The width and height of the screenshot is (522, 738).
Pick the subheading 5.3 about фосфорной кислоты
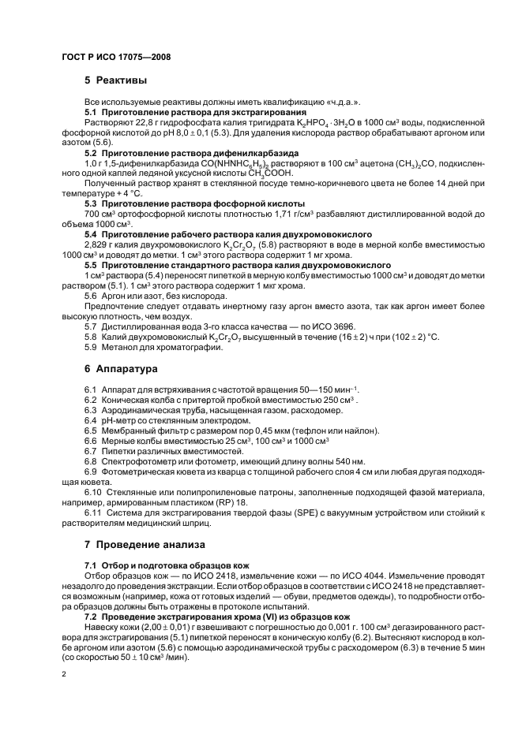183,203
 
